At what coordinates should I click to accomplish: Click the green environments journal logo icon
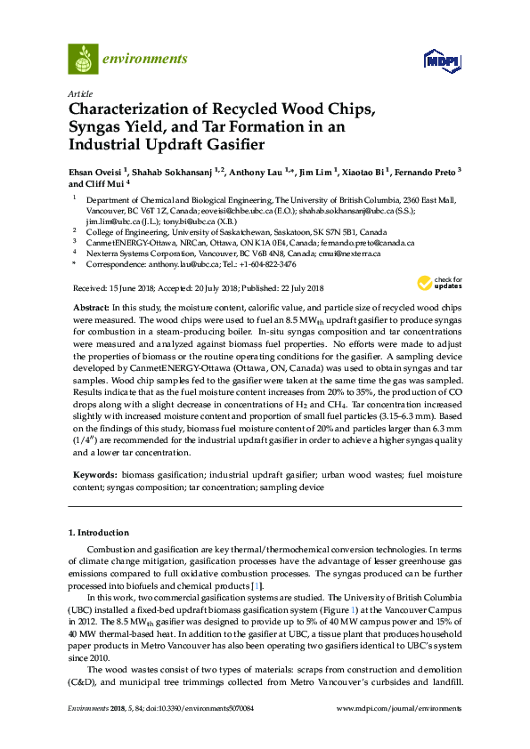pos(83,59)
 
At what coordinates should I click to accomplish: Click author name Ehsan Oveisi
pos(96,170)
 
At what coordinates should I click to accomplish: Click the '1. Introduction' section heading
pos(99,532)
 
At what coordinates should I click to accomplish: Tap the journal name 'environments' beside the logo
pos(145,59)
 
